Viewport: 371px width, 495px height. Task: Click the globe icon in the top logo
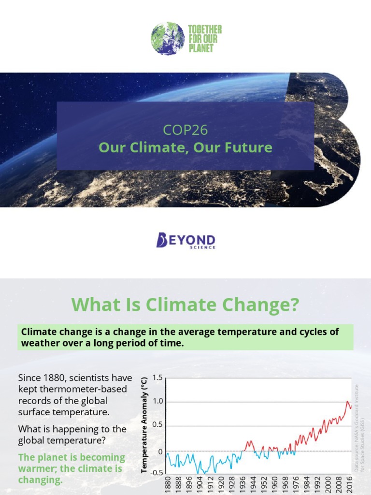point(168,38)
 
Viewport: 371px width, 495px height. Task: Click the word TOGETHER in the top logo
point(204,29)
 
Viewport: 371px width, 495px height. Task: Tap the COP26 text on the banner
point(185,130)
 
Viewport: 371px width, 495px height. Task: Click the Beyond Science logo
point(185,240)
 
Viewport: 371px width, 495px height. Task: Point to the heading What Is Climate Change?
point(185,305)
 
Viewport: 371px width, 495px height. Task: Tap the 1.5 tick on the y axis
point(157,378)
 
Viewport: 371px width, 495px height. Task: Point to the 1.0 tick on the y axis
point(157,402)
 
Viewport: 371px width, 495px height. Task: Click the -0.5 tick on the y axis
point(156,473)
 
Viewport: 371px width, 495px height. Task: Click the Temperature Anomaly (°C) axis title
point(143,425)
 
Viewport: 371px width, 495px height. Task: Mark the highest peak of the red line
point(347,401)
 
